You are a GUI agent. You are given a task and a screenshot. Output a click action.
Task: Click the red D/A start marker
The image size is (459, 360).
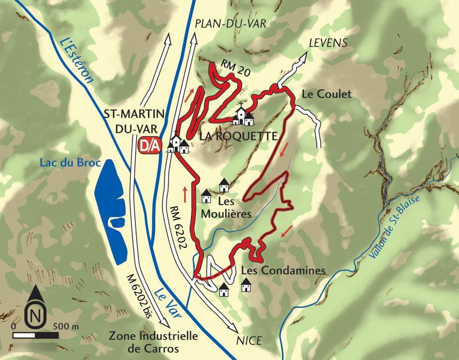click(x=149, y=146)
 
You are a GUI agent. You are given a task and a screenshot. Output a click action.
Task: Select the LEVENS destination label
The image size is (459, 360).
click(x=328, y=43)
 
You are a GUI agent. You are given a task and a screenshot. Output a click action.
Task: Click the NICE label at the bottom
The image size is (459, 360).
click(x=249, y=340)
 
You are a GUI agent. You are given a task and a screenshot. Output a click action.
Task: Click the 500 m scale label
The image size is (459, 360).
click(x=66, y=326)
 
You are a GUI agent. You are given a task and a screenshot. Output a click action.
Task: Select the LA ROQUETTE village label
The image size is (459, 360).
click(x=238, y=136)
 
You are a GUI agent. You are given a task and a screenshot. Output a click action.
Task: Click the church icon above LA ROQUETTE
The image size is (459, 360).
click(x=244, y=116)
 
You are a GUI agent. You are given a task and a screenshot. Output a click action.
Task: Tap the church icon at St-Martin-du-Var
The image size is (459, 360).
click(x=179, y=143)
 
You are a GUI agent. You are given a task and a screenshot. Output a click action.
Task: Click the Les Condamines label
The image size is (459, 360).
click(x=284, y=270)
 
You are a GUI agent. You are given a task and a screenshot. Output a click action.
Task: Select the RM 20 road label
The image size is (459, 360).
click(x=236, y=69)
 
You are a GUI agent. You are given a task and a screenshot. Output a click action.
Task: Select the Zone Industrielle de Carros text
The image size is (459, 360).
click(x=153, y=343)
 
